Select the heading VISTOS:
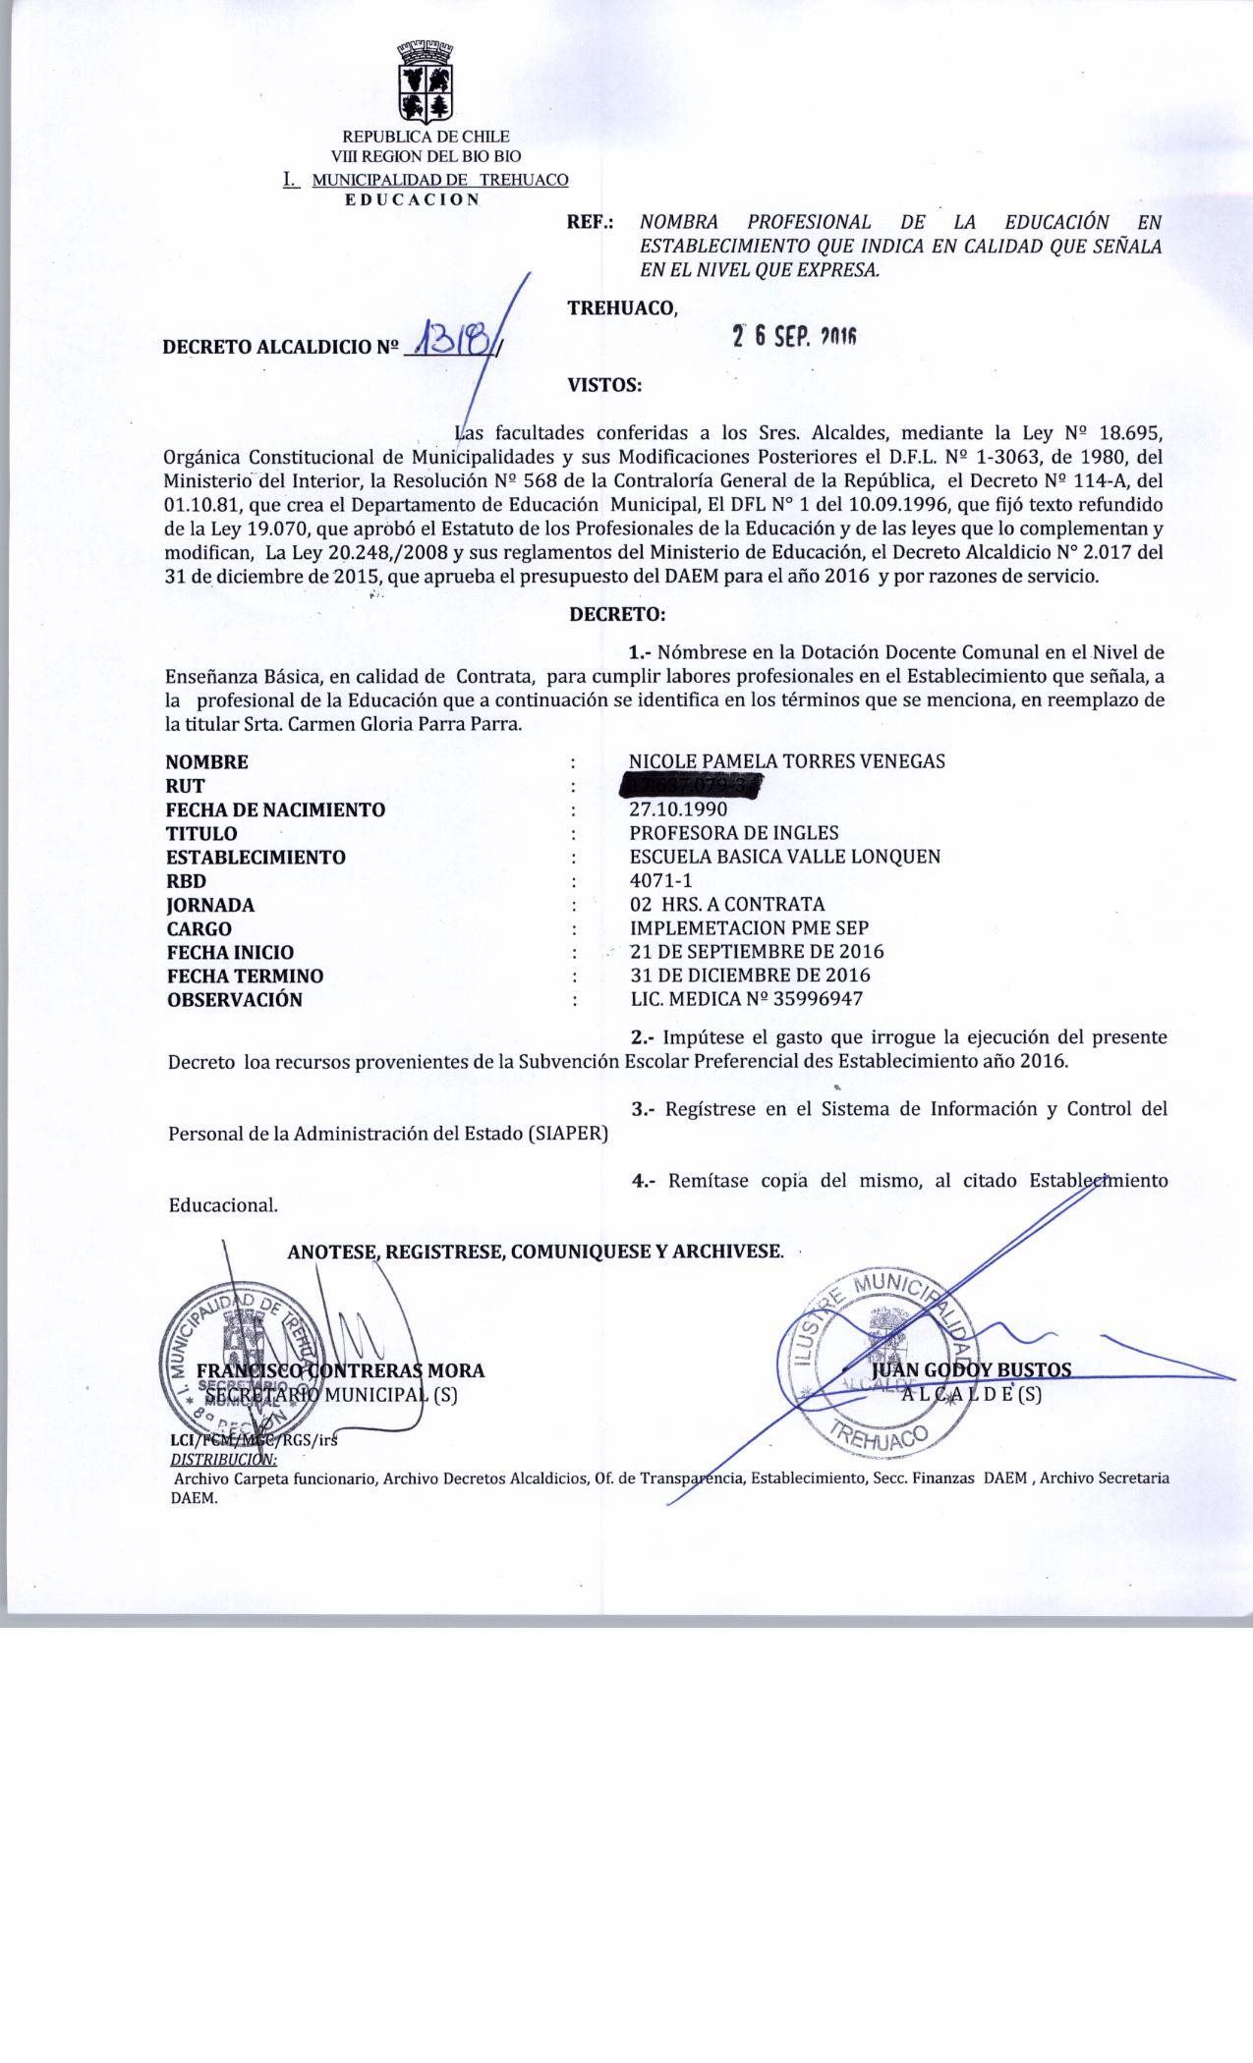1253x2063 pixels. (x=604, y=385)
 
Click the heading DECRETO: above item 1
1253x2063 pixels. (x=617, y=615)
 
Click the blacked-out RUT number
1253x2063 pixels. (x=694, y=786)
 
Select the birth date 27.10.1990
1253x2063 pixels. (x=678, y=809)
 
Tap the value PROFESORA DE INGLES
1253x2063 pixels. (x=733, y=833)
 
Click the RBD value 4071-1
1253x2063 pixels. (x=660, y=881)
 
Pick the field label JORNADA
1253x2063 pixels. (x=210, y=905)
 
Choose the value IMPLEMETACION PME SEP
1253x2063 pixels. (x=749, y=928)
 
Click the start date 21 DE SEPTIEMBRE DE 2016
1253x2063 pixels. (x=756, y=952)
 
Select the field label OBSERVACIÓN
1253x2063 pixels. (x=234, y=1000)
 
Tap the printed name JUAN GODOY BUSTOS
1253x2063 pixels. (x=970, y=1369)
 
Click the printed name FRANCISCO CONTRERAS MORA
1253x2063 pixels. (x=340, y=1370)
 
